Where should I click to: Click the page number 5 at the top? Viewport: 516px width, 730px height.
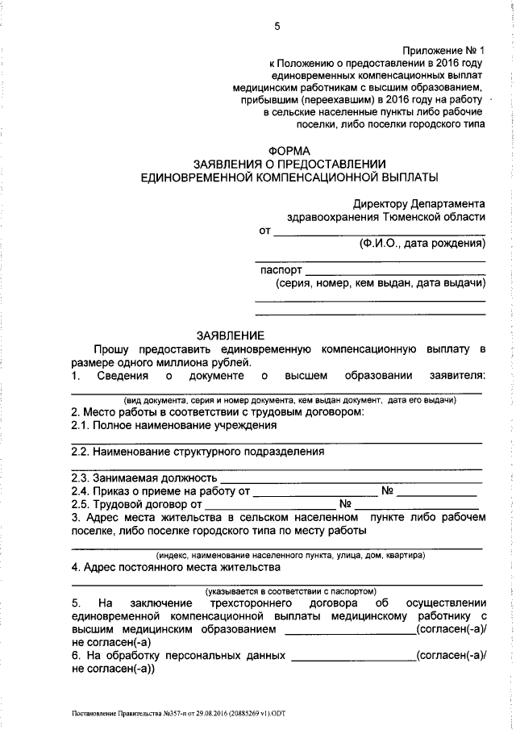pos(277,26)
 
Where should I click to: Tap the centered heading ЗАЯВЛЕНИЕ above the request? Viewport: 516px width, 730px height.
pos(230,335)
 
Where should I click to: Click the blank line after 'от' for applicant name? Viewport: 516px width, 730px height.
pos(379,232)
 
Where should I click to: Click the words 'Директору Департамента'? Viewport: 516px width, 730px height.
pos(418,204)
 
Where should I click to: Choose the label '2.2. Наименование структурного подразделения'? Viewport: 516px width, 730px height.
pos(198,452)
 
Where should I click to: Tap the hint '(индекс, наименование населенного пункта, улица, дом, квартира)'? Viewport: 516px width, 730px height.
pos(291,555)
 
